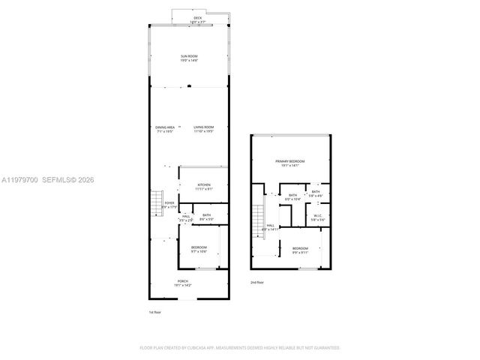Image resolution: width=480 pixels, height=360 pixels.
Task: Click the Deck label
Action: [198, 19]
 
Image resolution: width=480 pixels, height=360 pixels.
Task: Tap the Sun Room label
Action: [188, 57]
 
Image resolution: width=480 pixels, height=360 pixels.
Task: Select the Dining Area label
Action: [165, 129]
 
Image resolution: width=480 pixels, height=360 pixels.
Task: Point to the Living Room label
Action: [203, 129]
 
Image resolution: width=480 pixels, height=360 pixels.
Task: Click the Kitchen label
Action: [204, 187]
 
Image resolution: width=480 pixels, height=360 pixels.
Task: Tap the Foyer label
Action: [169, 204]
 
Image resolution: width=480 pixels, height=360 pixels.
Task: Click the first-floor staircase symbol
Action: [156, 202]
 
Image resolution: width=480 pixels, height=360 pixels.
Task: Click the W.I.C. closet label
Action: [317, 217]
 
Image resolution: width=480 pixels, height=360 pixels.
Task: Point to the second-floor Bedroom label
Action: [299, 250]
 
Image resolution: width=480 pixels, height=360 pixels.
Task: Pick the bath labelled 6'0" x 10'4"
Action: [292, 198]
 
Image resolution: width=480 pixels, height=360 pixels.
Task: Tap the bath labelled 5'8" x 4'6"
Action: [316, 193]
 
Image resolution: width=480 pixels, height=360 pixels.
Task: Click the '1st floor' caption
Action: [155, 311]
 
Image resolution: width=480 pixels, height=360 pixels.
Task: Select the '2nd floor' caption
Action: [258, 283]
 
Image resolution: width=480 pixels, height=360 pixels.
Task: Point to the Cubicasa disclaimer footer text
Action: [240, 348]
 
